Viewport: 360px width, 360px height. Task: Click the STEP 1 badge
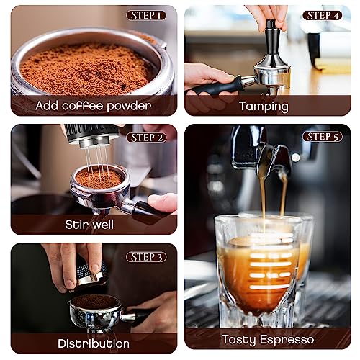[x=146, y=15]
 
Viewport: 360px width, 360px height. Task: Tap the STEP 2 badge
[x=146, y=137]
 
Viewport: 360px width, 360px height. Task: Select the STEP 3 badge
[x=146, y=256]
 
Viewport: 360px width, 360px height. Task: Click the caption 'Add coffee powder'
[x=94, y=106]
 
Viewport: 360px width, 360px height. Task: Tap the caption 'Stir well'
[x=94, y=225]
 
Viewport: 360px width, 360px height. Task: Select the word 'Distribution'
[x=94, y=343]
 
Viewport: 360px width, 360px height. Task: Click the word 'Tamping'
[x=264, y=106]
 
